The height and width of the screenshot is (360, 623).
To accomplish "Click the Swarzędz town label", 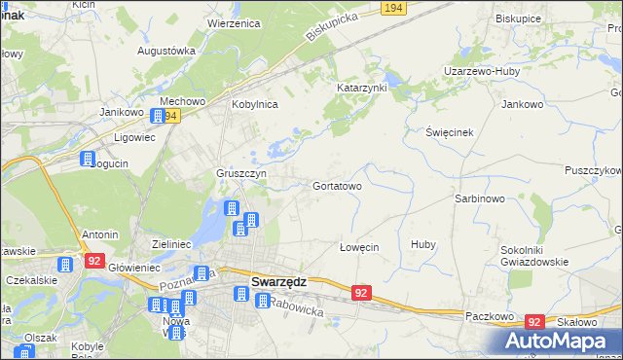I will [279, 281].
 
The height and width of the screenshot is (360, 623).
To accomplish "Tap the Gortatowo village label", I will [338, 185].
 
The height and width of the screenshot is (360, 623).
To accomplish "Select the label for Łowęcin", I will [358, 247].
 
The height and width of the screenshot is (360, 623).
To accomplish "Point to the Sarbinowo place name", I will [479, 198].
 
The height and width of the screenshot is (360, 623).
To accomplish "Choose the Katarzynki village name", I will [362, 88].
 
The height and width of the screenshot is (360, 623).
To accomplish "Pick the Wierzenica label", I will [238, 22].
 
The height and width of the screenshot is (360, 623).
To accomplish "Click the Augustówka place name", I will [166, 50].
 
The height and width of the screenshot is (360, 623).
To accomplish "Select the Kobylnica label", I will [254, 104].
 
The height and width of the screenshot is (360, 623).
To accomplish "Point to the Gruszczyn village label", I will [241, 174].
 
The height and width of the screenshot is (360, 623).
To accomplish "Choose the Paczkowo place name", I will [489, 317].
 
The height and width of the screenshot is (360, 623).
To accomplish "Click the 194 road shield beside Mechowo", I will [170, 115].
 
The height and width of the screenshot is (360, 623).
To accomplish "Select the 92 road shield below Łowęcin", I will [361, 293].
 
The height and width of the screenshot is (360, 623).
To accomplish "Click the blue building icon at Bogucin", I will [88, 160].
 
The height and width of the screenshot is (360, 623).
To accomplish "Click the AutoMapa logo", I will [563, 342].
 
